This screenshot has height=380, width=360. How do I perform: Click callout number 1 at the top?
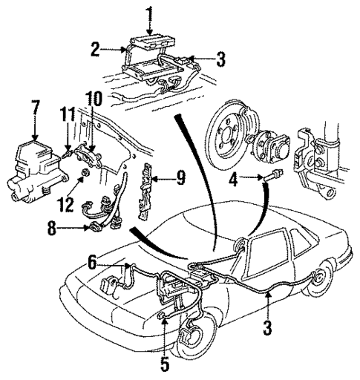click(x=150, y=12)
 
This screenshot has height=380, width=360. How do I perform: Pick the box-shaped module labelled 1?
click(x=150, y=40)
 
